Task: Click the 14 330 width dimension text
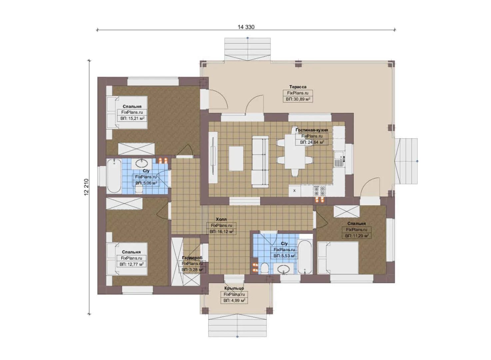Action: (246, 27)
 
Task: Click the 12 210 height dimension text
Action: (86, 187)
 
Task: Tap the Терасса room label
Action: (298, 87)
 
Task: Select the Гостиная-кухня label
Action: (312, 130)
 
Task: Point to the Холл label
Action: (221, 219)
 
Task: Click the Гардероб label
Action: (192, 258)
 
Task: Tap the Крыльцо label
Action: (234, 288)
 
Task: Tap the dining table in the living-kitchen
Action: (295, 151)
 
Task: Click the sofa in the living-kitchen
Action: (260, 162)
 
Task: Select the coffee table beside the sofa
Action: (236, 158)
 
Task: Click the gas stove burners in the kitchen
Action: (319, 191)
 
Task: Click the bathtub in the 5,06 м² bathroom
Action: (114, 176)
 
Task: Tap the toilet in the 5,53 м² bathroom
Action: (264, 269)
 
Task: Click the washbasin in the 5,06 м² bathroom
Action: (142, 163)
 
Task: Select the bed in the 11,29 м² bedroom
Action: (338, 258)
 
